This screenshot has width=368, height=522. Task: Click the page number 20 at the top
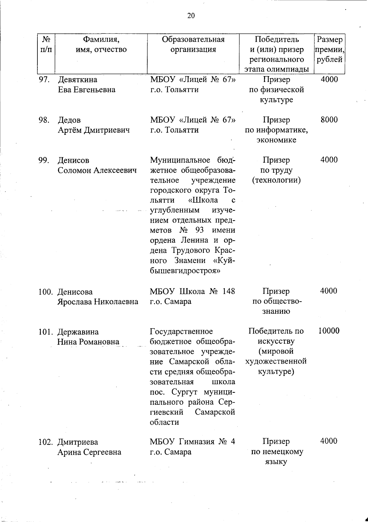coord(191,16)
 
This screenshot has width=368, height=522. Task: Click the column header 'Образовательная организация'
coord(193,44)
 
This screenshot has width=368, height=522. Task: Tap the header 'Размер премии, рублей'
coord(329,49)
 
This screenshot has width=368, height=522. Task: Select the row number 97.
coord(44,80)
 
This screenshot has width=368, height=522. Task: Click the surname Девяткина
coord(77,80)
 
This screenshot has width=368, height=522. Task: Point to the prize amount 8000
coord(329,120)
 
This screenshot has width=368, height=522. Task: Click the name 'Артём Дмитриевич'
coord(94,130)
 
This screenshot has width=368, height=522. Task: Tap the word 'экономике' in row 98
coord(276,140)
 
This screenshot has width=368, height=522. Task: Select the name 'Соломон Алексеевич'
coord(97,170)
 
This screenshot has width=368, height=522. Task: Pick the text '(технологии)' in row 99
coord(276,180)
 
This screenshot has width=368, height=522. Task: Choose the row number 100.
coord(46,292)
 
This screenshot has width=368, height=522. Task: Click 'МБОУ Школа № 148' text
coord(192,291)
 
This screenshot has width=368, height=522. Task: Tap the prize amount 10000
coord(329,331)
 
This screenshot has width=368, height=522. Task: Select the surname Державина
coord(78,332)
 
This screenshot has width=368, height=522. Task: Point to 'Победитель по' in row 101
coord(276,331)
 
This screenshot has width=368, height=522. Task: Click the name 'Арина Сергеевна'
coord(89,452)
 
